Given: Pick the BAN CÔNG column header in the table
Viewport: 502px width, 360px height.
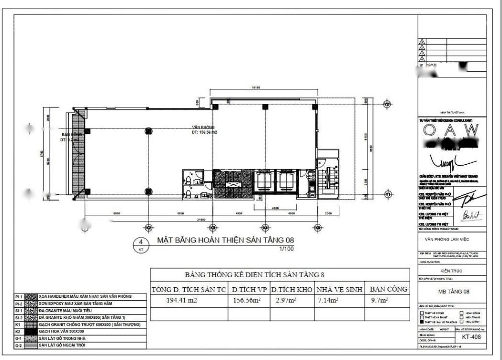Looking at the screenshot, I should tap(388, 289).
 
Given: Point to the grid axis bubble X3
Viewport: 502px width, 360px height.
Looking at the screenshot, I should tap(212, 227).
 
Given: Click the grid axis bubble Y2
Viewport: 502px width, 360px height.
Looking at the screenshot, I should tap(387, 104).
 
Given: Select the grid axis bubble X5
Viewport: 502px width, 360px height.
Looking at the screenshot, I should tap(318, 227).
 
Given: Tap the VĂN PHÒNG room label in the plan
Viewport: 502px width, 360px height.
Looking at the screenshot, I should tap(201, 128).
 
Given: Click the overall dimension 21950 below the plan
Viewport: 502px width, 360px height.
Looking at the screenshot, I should tap(202, 219).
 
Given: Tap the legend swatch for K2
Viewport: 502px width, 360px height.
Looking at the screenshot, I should tap(31, 332).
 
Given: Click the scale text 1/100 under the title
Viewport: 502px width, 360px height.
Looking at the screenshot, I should tap(287, 249).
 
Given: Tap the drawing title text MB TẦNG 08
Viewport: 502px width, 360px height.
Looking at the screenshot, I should tap(452, 292).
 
